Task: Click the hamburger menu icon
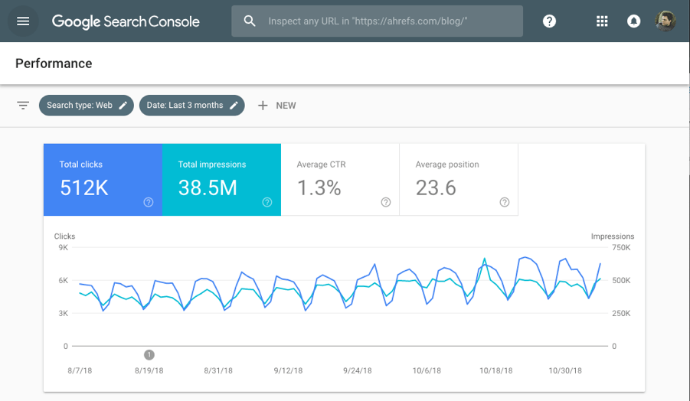(x=23, y=21)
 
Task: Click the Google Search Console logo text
(x=126, y=21)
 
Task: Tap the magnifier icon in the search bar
(x=250, y=21)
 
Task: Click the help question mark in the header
(x=549, y=21)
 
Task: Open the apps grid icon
(x=602, y=21)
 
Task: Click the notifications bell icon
(x=633, y=21)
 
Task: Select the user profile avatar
(x=665, y=21)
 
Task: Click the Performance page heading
(x=54, y=64)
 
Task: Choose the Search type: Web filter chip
(x=87, y=106)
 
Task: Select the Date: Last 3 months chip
(x=191, y=106)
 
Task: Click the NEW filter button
(x=276, y=106)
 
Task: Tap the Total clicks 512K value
(x=83, y=187)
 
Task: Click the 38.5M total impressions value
(x=208, y=187)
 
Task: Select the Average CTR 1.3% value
(x=319, y=187)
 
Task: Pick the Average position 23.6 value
(x=436, y=187)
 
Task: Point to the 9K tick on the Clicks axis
(x=63, y=248)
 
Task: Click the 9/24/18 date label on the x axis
(x=358, y=370)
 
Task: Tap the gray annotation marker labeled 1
(x=149, y=354)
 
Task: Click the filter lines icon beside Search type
(x=23, y=106)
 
